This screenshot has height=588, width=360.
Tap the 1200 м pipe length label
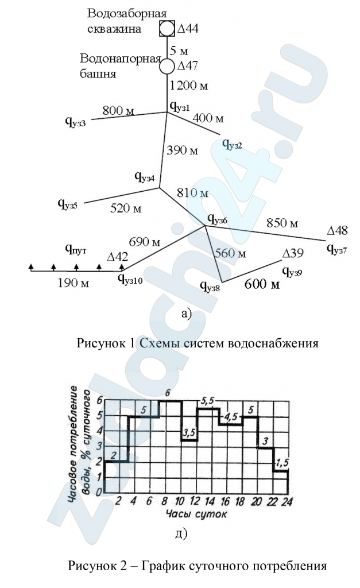(x=189, y=86)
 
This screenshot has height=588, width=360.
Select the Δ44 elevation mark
(x=188, y=29)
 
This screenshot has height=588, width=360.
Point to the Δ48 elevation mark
(x=337, y=230)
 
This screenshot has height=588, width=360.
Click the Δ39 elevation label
(x=292, y=253)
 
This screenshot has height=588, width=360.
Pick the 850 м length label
(x=282, y=223)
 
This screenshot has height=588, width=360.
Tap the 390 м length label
(x=182, y=150)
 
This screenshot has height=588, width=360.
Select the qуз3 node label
(x=76, y=121)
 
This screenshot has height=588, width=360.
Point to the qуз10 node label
(x=130, y=278)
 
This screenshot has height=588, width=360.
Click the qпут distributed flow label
(x=76, y=248)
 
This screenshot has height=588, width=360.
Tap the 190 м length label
(x=73, y=283)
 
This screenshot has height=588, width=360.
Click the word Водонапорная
(x=121, y=59)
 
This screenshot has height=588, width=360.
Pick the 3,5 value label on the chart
(x=189, y=432)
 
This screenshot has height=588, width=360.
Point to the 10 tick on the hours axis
(x=180, y=501)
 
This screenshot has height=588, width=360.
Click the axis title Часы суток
(x=196, y=513)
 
